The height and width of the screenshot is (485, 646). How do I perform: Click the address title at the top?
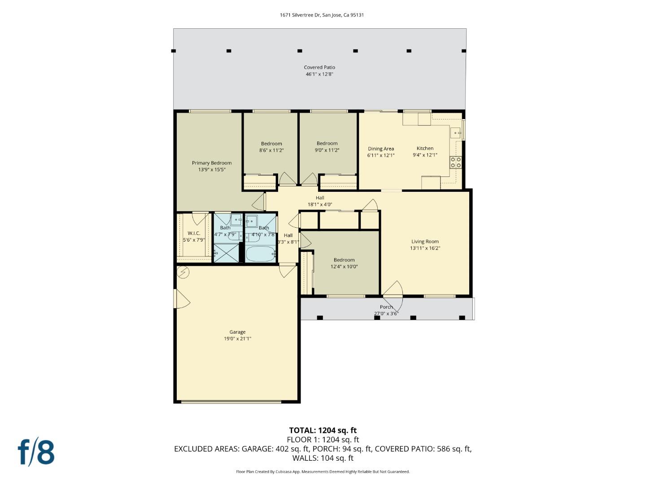coord(322,15)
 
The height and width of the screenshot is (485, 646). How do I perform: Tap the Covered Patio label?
coord(319,68)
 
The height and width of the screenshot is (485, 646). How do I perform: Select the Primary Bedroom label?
coord(212,163)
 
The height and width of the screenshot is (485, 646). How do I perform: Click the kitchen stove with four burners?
coord(456,162)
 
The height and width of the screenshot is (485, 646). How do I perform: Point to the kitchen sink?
coord(456,133)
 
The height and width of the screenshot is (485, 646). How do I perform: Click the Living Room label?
coord(425,242)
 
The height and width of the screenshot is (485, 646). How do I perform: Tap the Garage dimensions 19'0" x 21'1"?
coord(237,339)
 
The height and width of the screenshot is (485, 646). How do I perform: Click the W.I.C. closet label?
coord(194,233)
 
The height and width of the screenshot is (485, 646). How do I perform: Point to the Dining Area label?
coord(381,149)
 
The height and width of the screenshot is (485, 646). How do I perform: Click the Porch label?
coord(386,307)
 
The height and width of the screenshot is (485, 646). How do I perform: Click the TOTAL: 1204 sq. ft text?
coord(323,430)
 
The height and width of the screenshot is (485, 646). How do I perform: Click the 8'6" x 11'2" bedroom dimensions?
coord(271,150)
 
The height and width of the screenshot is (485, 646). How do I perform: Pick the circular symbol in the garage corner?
coord(183,272)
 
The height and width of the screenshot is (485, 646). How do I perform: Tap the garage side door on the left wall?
coord(181,299)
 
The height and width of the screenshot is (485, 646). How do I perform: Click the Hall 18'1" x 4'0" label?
coord(319,201)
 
